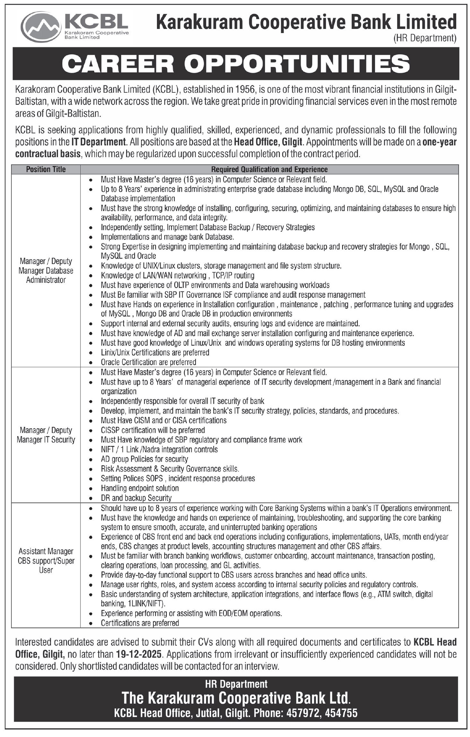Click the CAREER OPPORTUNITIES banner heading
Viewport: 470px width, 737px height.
(x=236, y=64)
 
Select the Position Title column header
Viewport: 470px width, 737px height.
(x=46, y=169)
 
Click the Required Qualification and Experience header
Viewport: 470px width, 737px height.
(x=269, y=169)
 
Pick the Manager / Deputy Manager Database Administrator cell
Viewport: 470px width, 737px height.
(x=46, y=270)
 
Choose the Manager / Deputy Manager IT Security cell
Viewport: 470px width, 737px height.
(x=46, y=435)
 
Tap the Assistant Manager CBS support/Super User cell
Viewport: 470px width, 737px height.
(x=46, y=560)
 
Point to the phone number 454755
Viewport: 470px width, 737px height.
(x=341, y=713)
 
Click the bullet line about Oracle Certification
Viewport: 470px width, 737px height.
(x=148, y=362)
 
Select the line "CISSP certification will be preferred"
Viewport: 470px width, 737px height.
(x=153, y=430)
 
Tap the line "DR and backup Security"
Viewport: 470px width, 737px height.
(x=136, y=498)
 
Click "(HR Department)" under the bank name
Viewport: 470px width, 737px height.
(x=425, y=38)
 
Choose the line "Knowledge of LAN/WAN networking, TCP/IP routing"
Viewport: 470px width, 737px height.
(x=178, y=275)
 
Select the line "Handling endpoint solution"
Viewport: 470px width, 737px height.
(x=140, y=488)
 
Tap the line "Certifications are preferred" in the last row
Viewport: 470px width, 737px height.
(x=140, y=623)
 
